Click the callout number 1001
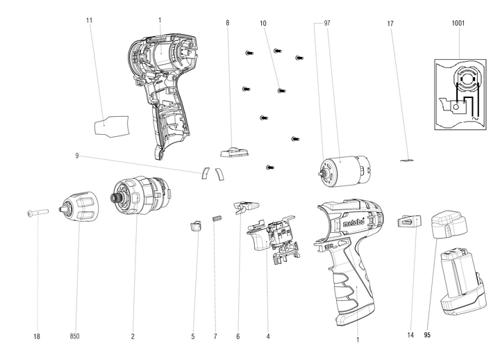pos(458,23)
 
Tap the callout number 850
pos(75,337)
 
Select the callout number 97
pos(326,23)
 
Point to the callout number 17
pos(390,23)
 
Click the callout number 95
pos(429,336)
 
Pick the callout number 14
pos(410,336)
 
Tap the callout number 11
pos(89,20)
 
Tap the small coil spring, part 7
pos(216,220)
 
